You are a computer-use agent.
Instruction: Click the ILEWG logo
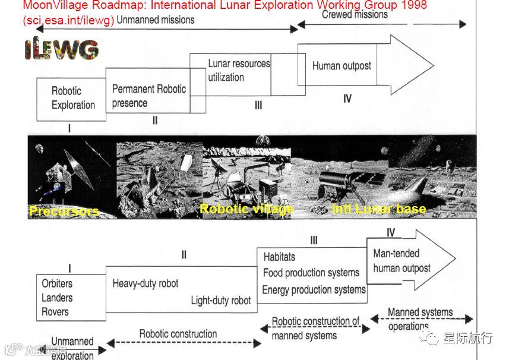62,50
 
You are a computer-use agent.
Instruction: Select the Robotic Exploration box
72,98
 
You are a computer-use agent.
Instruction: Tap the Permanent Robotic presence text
148,96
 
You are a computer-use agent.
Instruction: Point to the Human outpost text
342,66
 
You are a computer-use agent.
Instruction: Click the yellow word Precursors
64,211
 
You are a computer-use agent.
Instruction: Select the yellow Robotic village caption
246,209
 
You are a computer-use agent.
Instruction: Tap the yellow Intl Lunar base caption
378,209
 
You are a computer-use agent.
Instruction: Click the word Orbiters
57,283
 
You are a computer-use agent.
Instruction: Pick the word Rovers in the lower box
55,312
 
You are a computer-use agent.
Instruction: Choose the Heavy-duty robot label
145,283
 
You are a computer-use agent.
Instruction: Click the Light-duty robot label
220,301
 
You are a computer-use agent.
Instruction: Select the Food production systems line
311,273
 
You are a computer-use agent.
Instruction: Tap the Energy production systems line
314,290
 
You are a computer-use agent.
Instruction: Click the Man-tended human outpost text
401,261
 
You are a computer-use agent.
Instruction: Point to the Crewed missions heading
355,15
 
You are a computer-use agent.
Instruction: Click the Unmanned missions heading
156,20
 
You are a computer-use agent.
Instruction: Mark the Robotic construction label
178,334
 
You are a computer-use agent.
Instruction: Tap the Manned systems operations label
419,318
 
